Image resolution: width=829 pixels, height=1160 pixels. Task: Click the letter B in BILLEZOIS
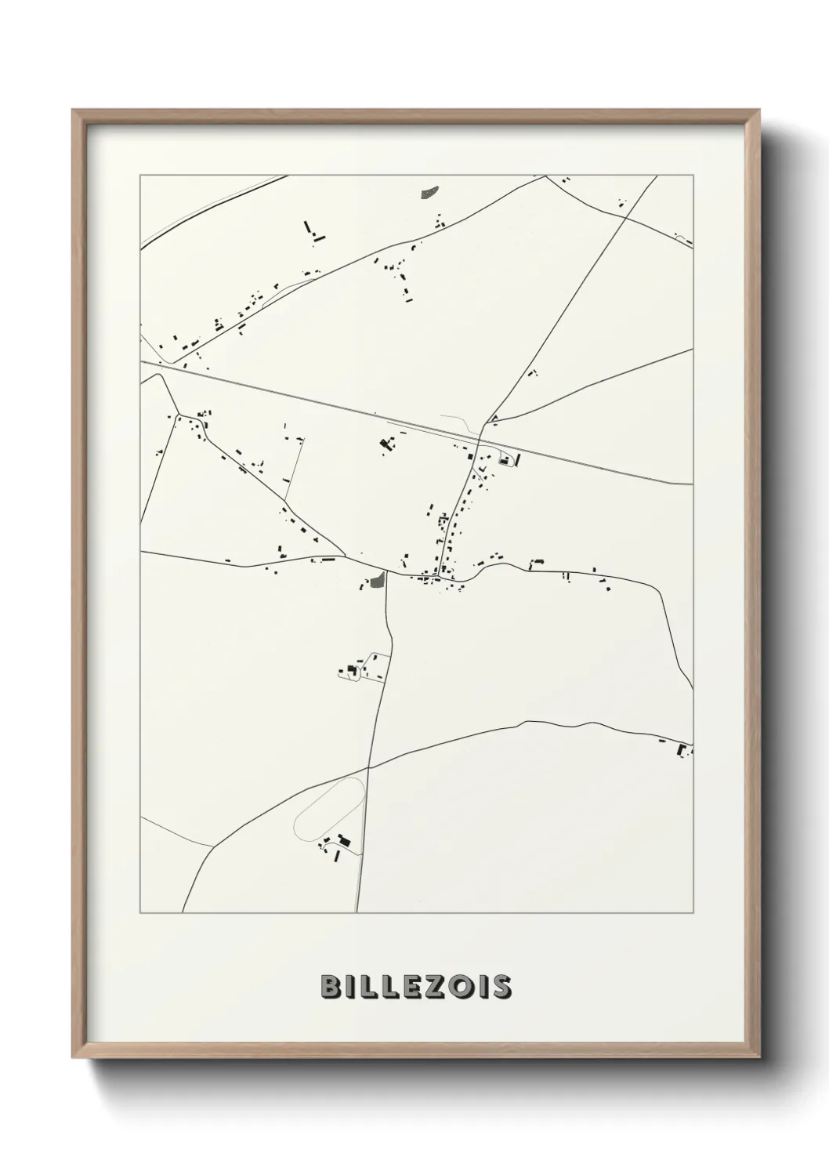click(x=330, y=987)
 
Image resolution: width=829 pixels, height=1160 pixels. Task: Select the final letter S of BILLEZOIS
click(x=501, y=987)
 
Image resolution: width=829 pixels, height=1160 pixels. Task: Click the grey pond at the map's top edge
click(x=429, y=190)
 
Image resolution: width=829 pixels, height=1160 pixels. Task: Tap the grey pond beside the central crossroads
click(x=378, y=581)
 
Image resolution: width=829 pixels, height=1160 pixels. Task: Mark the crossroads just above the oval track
click(x=369, y=767)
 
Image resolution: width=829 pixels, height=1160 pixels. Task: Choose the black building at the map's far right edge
click(x=681, y=750)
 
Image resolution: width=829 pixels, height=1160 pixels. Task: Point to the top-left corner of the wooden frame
click(x=74, y=111)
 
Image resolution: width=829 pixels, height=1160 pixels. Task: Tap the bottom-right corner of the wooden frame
click(x=758, y=1054)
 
